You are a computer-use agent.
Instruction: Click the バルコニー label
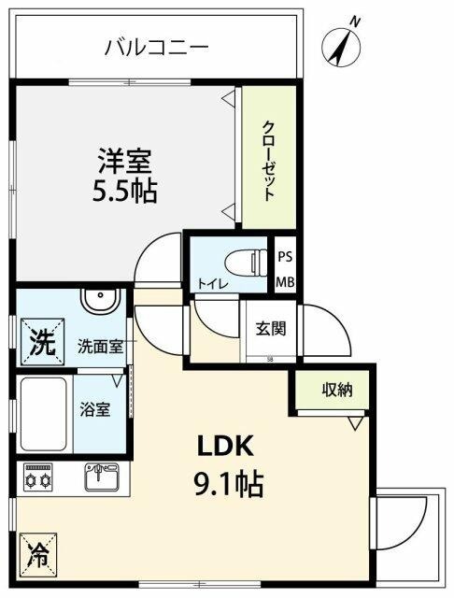tap(156, 46)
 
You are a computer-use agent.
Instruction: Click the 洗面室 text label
tap(100, 346)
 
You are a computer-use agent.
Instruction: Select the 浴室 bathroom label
tap(96, 409)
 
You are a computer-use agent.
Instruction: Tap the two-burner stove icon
tap(40, 477)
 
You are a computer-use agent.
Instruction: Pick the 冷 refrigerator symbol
tap(37, 550)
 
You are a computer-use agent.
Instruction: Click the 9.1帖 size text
tap(228, 484)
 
